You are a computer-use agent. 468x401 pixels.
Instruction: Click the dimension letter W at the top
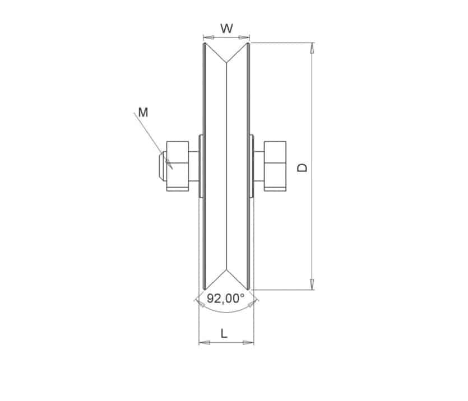click(226, 29)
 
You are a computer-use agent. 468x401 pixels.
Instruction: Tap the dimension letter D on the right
click(302, 167)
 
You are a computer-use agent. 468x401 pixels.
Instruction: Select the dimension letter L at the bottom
click(224, 333)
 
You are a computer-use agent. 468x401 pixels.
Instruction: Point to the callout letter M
click(143, 113)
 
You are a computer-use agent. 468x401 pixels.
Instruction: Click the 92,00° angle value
click(226, 298)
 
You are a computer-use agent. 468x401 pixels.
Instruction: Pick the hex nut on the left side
click(178, 166)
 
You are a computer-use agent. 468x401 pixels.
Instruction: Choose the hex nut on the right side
click(275, 166)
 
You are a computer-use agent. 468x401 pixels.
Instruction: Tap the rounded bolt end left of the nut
click(163, 166)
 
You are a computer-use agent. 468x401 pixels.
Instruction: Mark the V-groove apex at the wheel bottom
click(226, 271)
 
